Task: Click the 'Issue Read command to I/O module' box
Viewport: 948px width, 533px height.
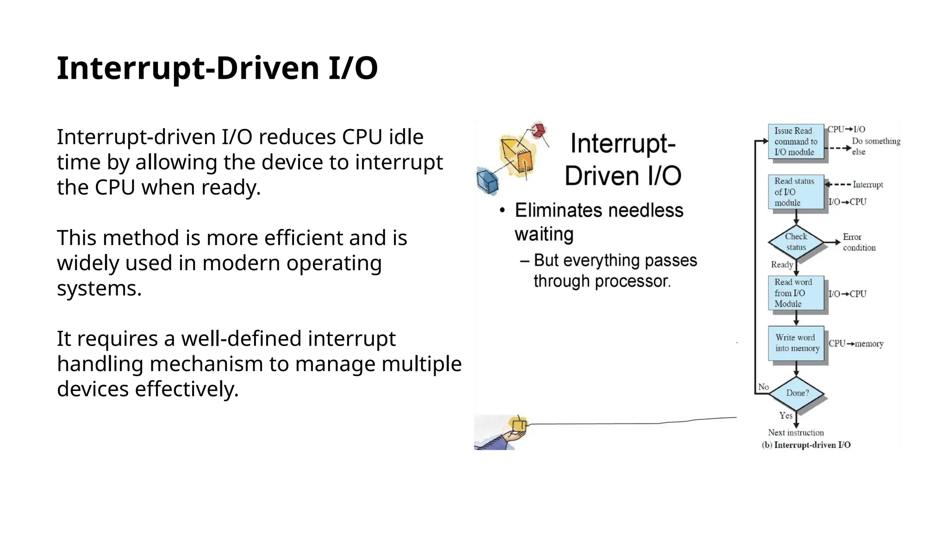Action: tap(796, 142)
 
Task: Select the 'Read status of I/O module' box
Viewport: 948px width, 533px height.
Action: tap(796, 192)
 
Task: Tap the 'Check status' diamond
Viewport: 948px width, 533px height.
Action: tap(796, 242)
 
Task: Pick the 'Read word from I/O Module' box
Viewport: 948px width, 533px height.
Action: tap(796, 293)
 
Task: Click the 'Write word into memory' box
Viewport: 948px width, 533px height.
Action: tap(796, 343)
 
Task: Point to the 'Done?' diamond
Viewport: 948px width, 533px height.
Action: tap(797, 393)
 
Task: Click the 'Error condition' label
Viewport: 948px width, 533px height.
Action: tap(859, 242)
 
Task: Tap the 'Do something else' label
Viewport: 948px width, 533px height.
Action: tap(875, 146)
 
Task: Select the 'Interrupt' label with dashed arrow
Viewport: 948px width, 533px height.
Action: tap(867, 185)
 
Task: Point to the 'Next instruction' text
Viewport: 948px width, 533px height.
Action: tap(796, 433)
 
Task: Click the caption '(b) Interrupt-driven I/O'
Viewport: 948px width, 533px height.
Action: tap(806, 445)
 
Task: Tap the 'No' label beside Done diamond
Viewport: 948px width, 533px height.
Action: tap(763, 387)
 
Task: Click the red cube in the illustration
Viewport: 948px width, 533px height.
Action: tap(538, 130)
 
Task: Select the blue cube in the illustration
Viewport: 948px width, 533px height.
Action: tap(487, 181)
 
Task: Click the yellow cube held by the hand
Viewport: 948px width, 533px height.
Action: tap(518, 425)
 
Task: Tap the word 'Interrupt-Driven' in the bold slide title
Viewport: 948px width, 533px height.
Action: tap(188, 68)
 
